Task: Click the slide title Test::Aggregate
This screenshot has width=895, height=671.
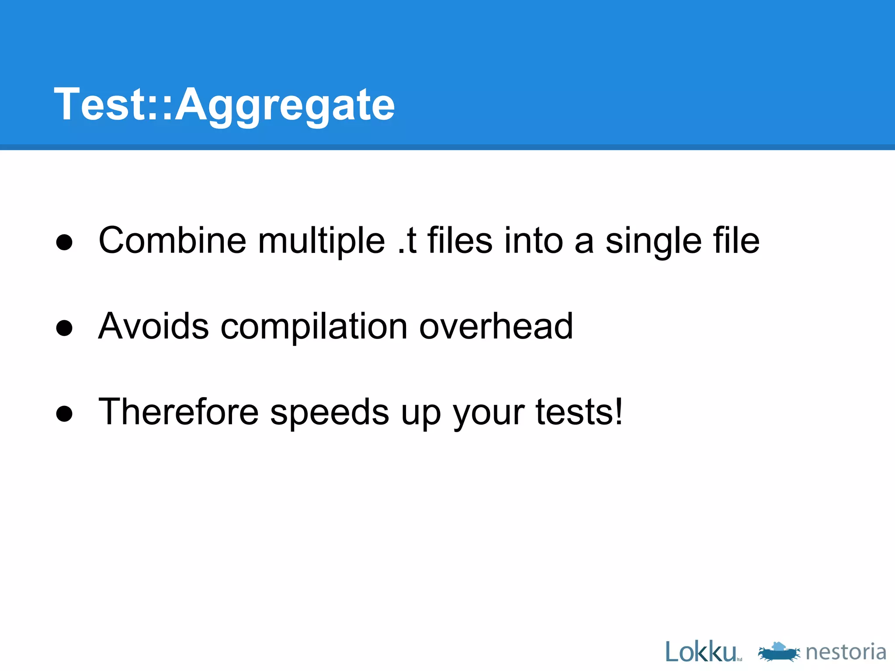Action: click(x=224, y=105)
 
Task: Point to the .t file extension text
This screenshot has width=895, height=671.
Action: click(x=407, y=241)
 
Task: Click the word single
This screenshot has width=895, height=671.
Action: click(x=653, y=241)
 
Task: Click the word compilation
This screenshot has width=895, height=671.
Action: click(x=314, y=327)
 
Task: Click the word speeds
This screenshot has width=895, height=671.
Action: click(x=330, y=412)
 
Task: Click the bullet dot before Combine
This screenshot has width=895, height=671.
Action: click(x=64, y=242)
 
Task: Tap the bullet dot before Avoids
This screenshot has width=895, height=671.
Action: click(x=64, y=328)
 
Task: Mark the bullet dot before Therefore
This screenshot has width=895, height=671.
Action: click(x=64, y=413)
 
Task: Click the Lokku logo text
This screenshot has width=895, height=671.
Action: click(x=701, y=652)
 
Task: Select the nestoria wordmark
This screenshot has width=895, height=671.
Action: click(x=846, y=652)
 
